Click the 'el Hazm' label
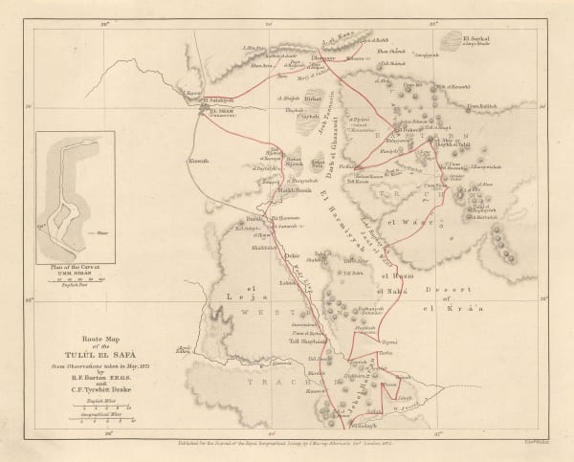tap(394, 277)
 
